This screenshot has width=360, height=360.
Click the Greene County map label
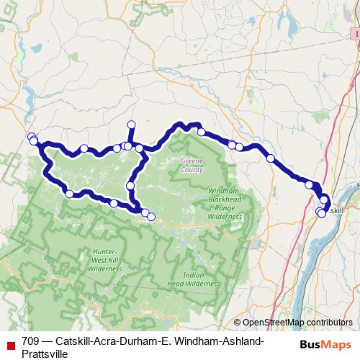coord(192,167)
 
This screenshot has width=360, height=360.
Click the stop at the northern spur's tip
coord(131,124)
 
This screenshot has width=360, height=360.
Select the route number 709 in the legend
coord(31,341)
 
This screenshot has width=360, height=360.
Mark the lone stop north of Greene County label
coord(202,132)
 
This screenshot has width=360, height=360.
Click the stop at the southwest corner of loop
coord(69,193)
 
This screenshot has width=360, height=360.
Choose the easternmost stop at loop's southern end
coord(151,216)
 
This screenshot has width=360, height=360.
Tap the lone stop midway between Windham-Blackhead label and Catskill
coord(270,158)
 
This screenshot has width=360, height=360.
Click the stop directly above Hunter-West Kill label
coord(113,204)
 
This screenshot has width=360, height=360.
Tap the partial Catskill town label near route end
coord(337,210)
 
